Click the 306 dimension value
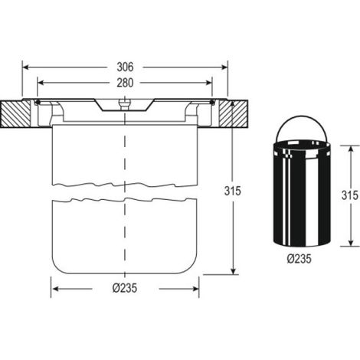(x=125, y=67)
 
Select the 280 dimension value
(x=125, y=83)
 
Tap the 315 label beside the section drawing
(x=233, y=191)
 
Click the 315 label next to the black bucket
(x=350, y=195)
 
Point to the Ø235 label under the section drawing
(x=125, y=288)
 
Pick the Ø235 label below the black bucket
(x=299, y=259)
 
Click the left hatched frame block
(x=15, y=114)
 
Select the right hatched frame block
(x=233, y=114)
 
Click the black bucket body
(x=302, y=193)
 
